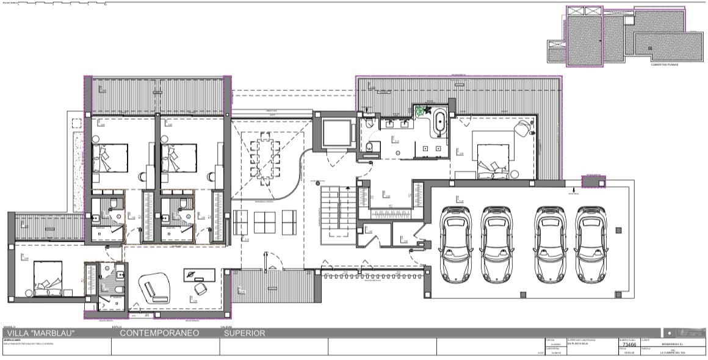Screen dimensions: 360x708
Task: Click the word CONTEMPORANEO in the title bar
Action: [160, 333]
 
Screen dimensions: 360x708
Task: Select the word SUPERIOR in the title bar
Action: [244, 333]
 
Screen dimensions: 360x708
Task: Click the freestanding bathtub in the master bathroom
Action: [439, 125]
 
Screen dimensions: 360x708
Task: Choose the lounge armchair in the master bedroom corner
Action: [523, 129]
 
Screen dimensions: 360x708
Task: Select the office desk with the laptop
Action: [198, 276]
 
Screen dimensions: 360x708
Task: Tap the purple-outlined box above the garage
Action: [594, 181]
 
